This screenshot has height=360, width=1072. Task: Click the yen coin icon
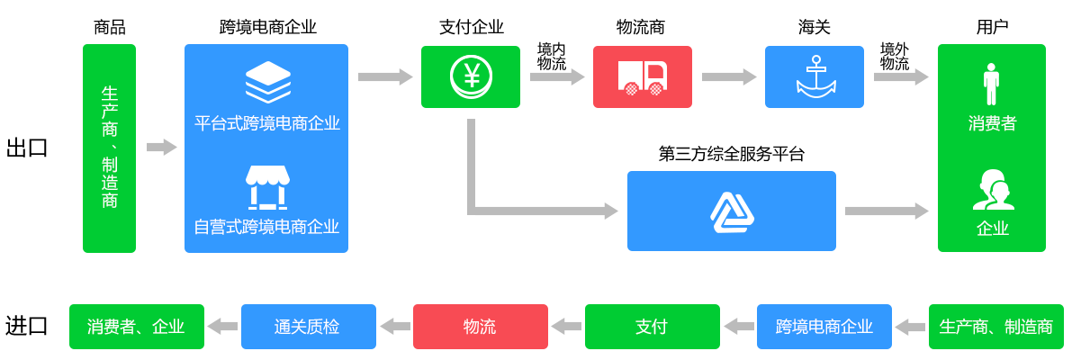click(x=471, y=76)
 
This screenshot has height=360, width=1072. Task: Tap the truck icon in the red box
click(x=643, y=77)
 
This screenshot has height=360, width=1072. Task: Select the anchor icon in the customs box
click(x=815, y=76)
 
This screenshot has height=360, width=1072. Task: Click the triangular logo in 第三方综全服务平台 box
click(x=732, y=212)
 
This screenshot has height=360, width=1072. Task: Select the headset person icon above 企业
click(x=992, y=190)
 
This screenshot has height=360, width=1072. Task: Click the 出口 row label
click(x=26, y=148)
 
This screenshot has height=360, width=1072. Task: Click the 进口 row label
click(x=26, y=326)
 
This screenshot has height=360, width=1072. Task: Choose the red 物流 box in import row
click(x=480, y=327)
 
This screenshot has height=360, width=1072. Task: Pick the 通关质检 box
click(x=308, y=327)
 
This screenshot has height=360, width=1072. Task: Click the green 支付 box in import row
click(x=652, y=327)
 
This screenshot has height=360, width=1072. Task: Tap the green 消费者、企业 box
click(x=136, y=327)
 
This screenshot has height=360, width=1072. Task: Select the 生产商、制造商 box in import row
click(x=995, y=327)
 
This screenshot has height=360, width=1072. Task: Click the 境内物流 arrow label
click(x=552, y=56)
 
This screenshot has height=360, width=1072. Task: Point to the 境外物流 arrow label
click(x=895, y=56)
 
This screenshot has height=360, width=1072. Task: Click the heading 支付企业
click(x=471, y=27)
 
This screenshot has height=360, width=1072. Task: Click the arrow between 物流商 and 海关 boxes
click(x=728, y=77)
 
